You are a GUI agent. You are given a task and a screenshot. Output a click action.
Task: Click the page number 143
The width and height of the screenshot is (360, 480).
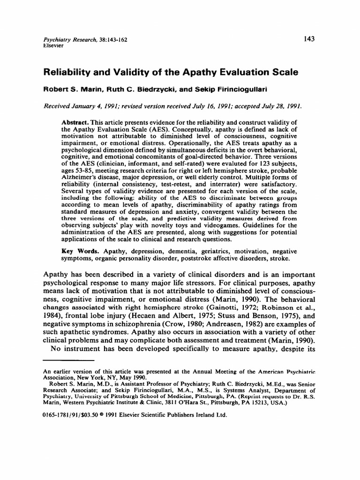pos(308,39)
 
